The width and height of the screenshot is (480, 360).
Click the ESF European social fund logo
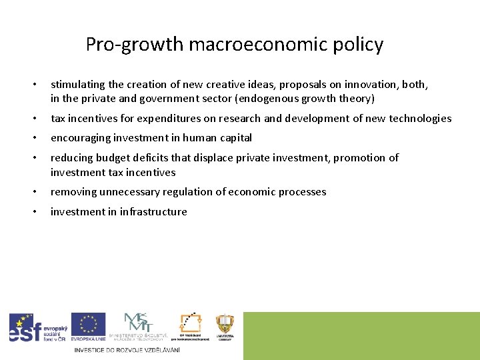tap(37, 328)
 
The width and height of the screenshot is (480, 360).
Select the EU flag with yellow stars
tap(88, 326)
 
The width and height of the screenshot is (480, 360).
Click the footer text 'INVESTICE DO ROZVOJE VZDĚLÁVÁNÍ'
tap(127, 350)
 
